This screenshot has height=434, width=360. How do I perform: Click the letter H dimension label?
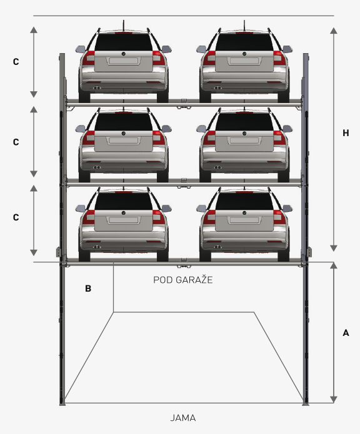pyautogui.click(x=346, y=133)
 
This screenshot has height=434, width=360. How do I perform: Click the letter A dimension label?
pyautogui.click(x=346, y=333)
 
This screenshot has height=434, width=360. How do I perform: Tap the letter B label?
pyautogui.click(x=87, y=289)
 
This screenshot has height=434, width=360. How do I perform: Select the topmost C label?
pyautogui.click(x=16, y=62)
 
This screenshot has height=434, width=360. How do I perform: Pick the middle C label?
pyautogui.click(x=16, y=142)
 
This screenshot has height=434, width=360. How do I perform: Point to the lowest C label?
pyautogui.click(x=16, y=217)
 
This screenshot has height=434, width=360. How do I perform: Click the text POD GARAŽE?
pyautogui.click(x=183, y=280)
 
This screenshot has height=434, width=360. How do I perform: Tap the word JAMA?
pyautogui.click(x=183, y=418)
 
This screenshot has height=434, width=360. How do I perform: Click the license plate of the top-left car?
pyautogui.click(x=124, y=61)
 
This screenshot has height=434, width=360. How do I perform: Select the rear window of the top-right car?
pyautogui.click(x=244, y=42)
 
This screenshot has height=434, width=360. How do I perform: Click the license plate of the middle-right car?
pyautogui.click(x=244, y=141)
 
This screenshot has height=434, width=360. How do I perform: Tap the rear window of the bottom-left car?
pyautogui.click(x=124, y=201)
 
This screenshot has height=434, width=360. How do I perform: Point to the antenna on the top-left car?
pyautogui.click(x=124, y=26)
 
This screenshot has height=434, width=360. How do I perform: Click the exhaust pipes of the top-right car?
pyautogui.click(x=217, y=88)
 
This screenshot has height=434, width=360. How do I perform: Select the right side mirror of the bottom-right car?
pyautogui.click(x=287, y=208)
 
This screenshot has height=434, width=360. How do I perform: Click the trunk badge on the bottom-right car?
pyautogui.click(x=244, y=213)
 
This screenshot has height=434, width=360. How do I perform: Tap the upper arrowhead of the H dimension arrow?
pyautogui.click(x=334, y=31)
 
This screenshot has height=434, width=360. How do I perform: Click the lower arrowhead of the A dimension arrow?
pyautogui.click(x=334, y=400)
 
